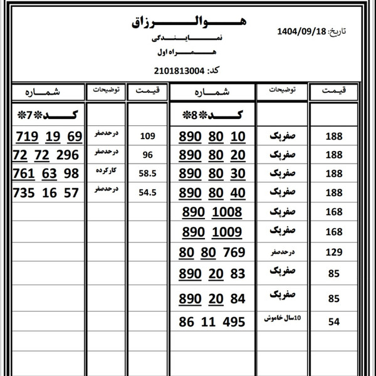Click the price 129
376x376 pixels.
[333, 253]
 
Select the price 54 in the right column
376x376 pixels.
[333, 322]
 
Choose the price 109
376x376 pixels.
[148, 136]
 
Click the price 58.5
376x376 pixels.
[148, 174]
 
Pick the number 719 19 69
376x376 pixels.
[49, 137]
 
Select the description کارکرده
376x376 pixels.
[107, 170]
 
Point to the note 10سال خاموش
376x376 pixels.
[281, 319]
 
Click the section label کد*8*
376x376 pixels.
[215, 115]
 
